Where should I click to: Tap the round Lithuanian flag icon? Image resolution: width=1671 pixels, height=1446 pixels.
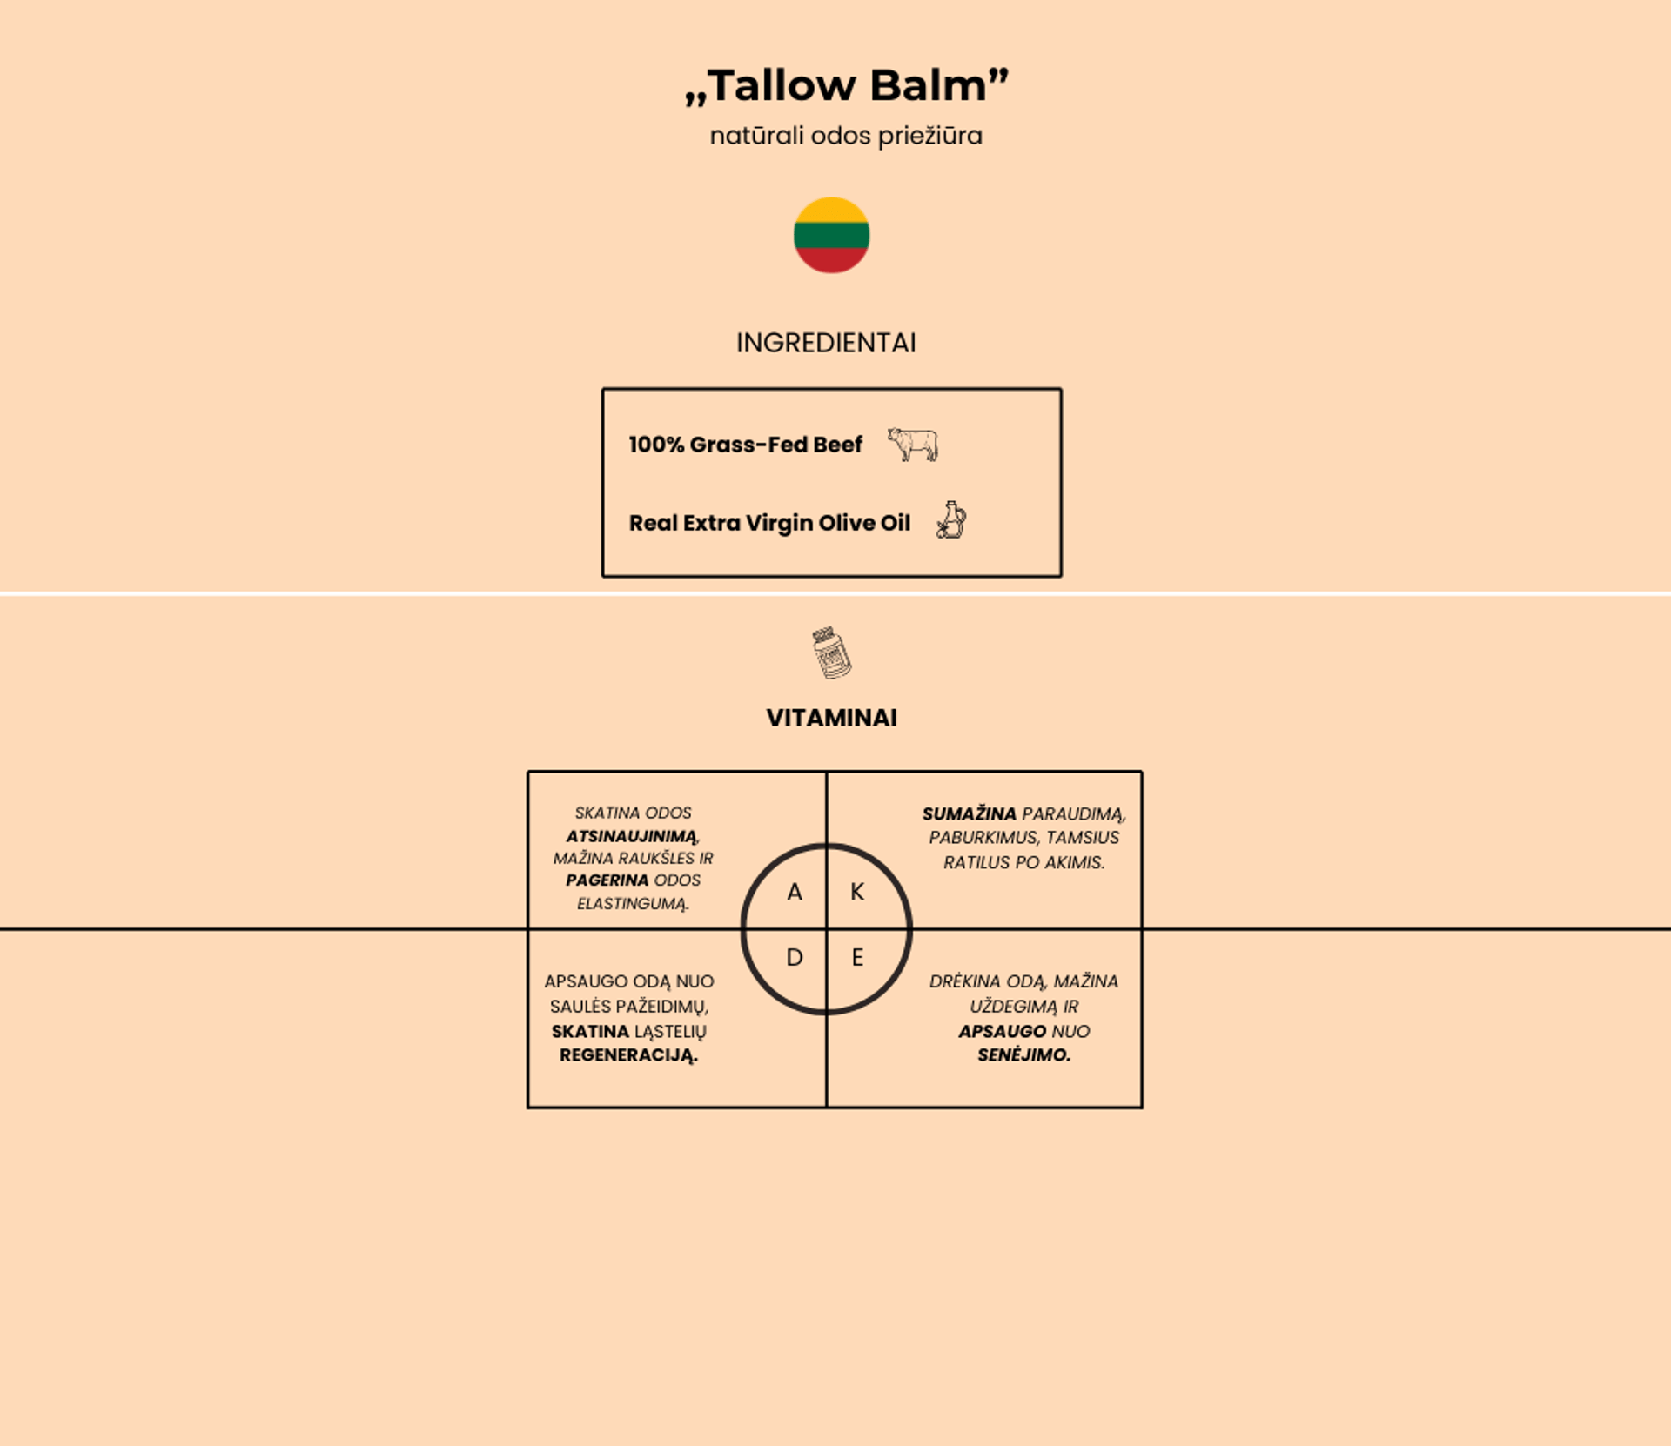831,235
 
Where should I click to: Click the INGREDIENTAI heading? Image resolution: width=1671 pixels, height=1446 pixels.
826,343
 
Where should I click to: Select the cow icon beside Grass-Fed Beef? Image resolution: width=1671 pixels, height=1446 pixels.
912,444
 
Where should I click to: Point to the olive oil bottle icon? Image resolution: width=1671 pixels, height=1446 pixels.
951,520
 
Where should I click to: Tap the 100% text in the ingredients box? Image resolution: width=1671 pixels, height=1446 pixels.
656,445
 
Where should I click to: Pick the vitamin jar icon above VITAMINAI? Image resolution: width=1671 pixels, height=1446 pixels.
831,652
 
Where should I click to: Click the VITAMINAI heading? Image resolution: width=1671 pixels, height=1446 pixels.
831,718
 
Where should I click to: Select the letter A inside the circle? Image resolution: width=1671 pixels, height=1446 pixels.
794,892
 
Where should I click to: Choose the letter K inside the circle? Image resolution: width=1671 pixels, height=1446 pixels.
857,892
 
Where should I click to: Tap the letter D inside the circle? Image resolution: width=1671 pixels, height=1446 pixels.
794,958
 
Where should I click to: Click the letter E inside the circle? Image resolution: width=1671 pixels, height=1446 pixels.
857,958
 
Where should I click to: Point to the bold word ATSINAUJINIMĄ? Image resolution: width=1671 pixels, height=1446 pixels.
632,836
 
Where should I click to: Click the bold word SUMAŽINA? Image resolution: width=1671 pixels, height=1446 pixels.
969,814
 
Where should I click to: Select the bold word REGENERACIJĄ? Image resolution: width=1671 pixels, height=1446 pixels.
628,1055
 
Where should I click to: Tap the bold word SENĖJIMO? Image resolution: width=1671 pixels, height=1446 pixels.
1023,1055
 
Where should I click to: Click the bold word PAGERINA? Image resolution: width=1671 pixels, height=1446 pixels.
607,880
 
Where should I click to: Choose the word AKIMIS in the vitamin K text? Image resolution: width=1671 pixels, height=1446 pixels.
1075,862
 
